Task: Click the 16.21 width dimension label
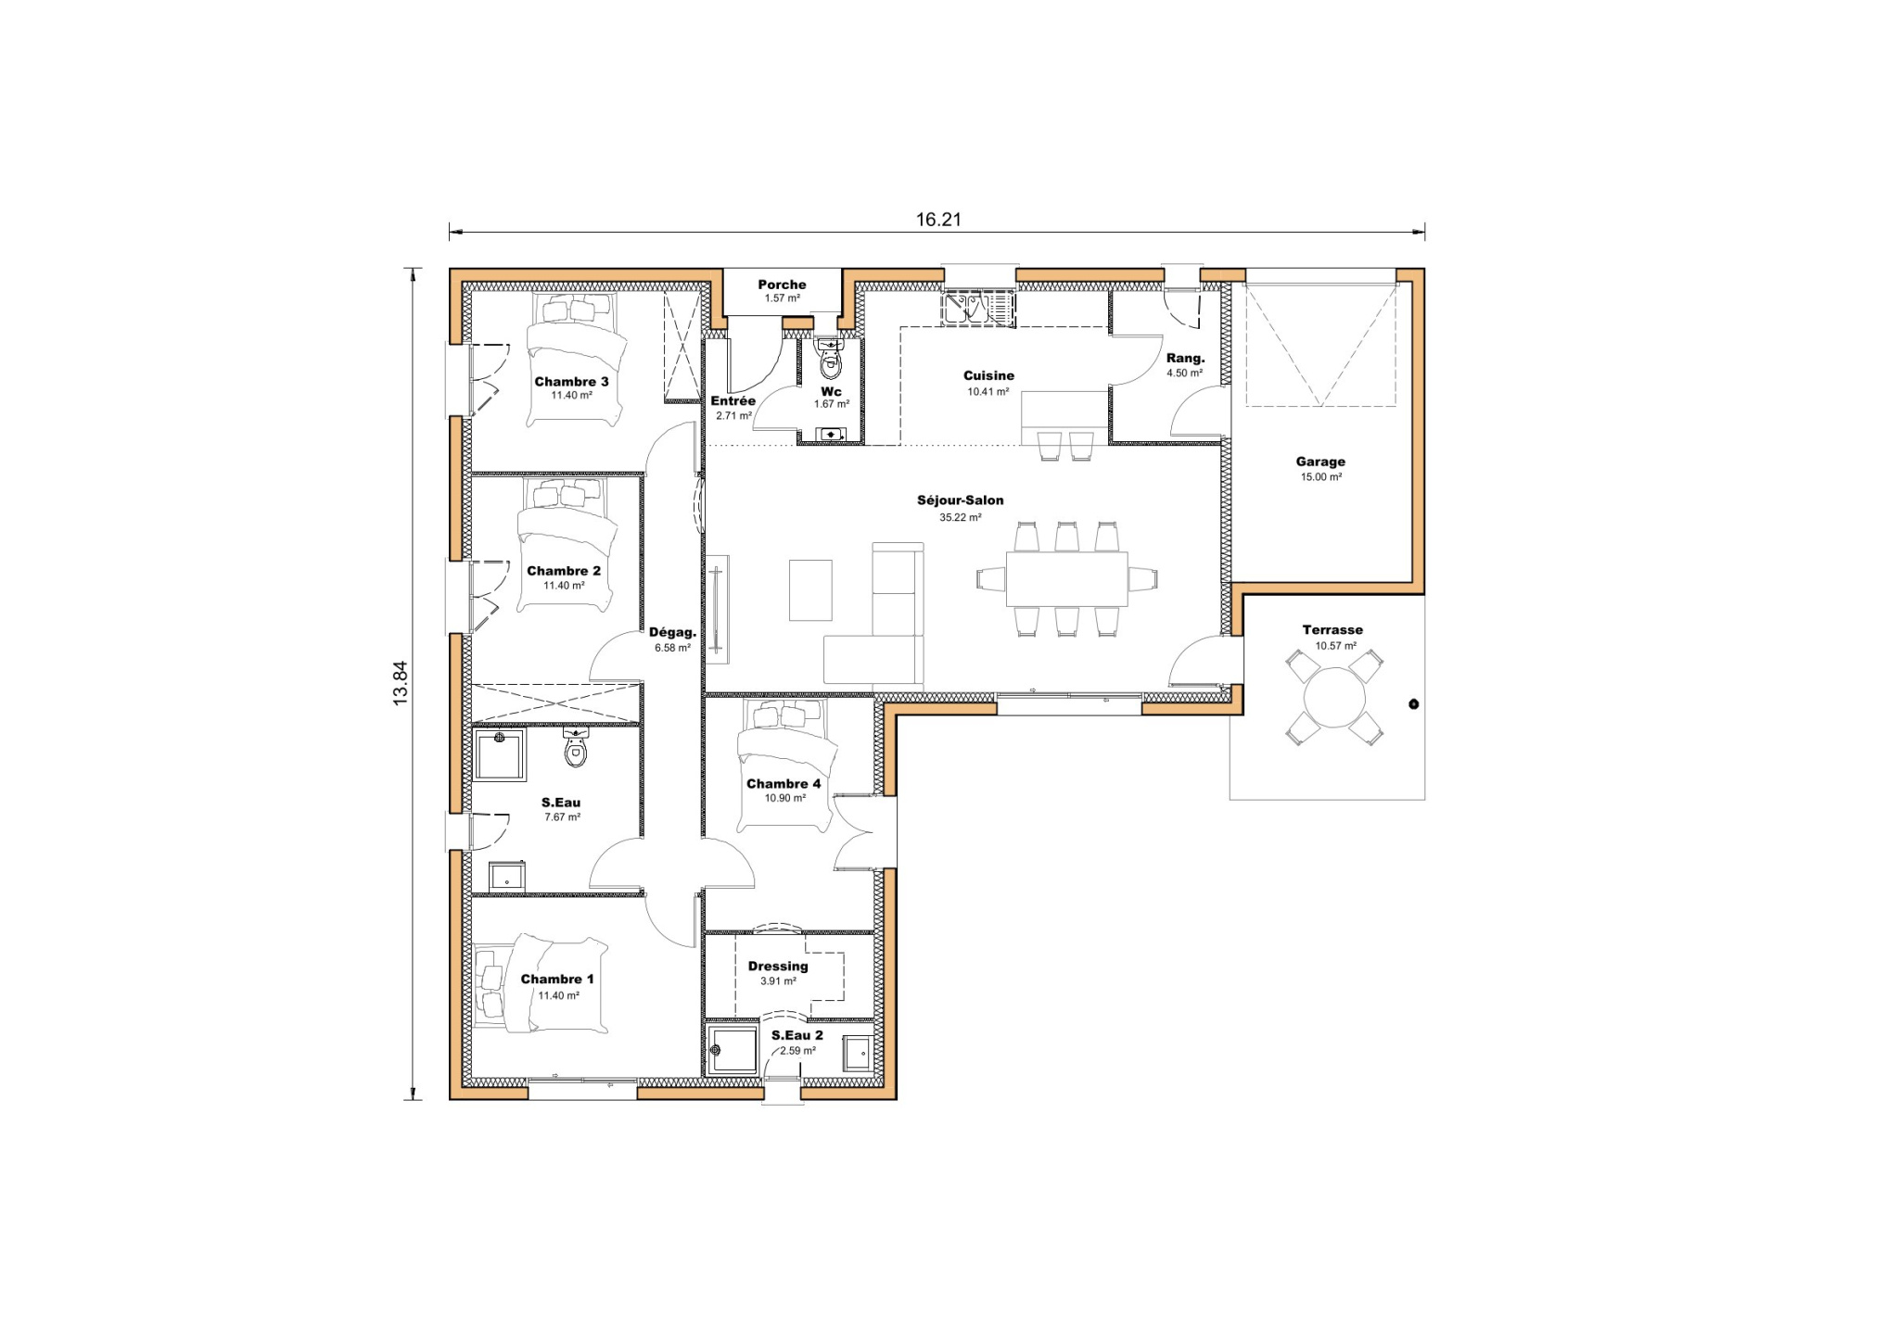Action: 938,220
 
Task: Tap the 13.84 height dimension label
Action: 401,684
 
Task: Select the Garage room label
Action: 1320,462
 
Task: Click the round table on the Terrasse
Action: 1334,698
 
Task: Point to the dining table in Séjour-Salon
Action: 1066,579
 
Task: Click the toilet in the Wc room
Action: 830,362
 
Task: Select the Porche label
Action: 782,285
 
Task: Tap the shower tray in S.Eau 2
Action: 732,1050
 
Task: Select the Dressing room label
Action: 778,966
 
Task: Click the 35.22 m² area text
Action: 960,518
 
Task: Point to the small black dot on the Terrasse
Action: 1413,704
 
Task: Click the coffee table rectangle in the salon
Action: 810,590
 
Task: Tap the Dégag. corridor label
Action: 672,632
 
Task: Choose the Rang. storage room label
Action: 1185,358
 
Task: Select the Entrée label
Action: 733,401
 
